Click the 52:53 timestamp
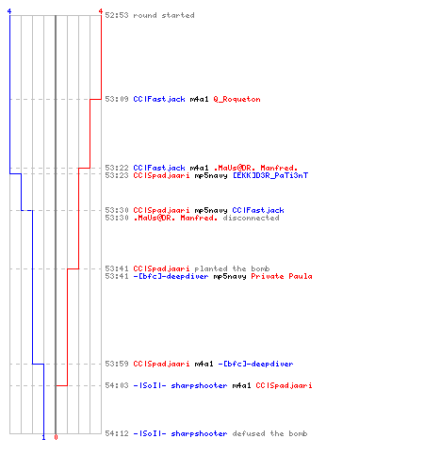[x=117, y=15]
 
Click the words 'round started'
[x=164, y=15]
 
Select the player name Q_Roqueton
[x=236, y=99]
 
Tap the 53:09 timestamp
[x=117, y=99]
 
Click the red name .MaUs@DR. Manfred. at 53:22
[x=255, y=168]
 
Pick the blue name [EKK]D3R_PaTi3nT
[x=270, y=175]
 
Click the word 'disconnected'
[x=251, y=218]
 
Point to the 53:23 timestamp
[x=117, y=175]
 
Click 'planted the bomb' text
[x=232, y=268]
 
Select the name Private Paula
[x=282, y=276]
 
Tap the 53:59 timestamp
[x=117, y=364]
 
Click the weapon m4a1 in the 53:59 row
[x=204, y=364]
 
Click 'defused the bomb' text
[x=269, y=433]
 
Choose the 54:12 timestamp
[x=117, y=433]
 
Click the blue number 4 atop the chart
[x=9, y=11]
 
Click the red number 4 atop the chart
[x=101, y=11]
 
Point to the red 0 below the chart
[x=56, y=437]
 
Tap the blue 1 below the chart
[x=43, y=437]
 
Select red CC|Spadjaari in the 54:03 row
[x=284, y=385]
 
